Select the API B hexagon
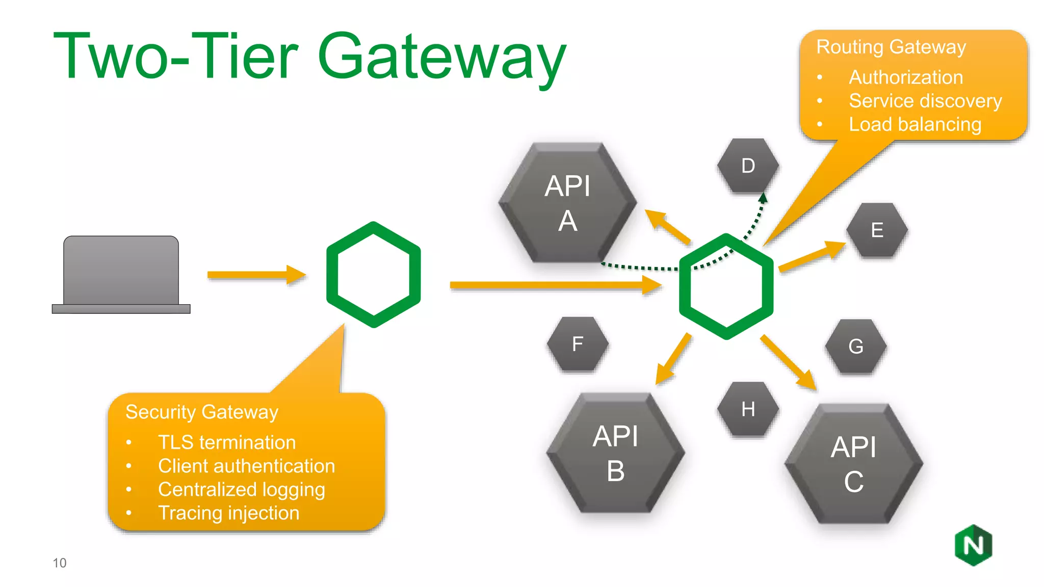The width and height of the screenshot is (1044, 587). pyautogui.click(x=615, y=453)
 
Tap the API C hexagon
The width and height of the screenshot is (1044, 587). pyautogui.click(x=853, y=464)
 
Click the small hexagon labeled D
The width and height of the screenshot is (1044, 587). pyautogui.click(x=748, y=166)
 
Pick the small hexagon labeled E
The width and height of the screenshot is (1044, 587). pyautogui.click(x=877, y=230)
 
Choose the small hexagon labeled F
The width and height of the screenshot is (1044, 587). pyautogui.click(x=578, y=344)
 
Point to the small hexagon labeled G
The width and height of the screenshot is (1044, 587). pyautogui.click(x=856, y=346)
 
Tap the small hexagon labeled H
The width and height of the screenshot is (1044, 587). pyautogui.click(x=748, y=409)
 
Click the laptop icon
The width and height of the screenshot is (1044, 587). pyautogui.click(x=121, y=275)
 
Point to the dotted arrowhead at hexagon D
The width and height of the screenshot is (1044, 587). pyautogui.click(x=763, y=198)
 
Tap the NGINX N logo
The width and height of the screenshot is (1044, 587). pyautogui.click(x=973, y=545)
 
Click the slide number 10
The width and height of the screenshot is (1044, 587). pyautogui.click(x=60, y=563)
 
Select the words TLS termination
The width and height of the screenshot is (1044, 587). pyautogui.click(x=227, y=442)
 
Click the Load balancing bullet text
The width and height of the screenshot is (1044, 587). pyautogui.click(x=915, y=124)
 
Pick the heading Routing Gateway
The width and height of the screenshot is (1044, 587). pyautogui.click(x=891, y=47)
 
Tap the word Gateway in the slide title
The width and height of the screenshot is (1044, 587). pyautogui.click(x=441, y=56)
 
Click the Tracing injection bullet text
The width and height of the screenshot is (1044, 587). pyautogui.click(x=228, y=513)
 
